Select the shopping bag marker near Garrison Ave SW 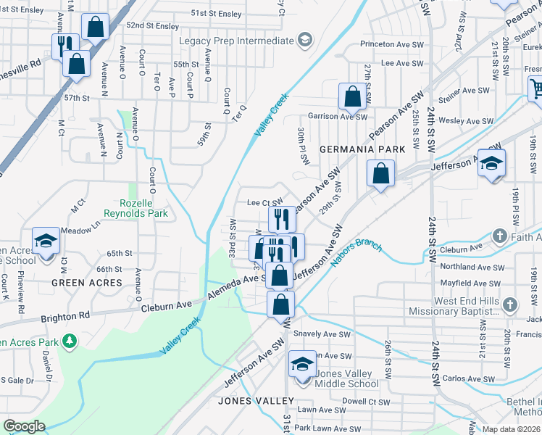pos(352,96)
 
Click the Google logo pos(24,426)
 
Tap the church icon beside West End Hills pos(510,303)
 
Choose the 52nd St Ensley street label pos(152,26)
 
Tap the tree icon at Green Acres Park pos(70,340)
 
